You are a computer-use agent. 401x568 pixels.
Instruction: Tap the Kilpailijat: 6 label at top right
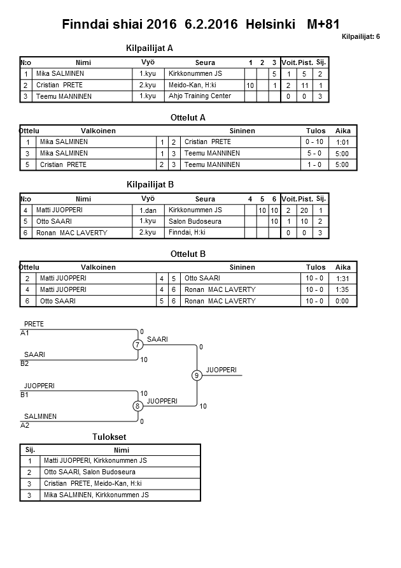click(360, 37)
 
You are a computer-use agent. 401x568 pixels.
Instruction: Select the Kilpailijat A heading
click(150, 48)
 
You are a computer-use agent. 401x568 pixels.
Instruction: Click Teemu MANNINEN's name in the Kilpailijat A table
click(64, 96)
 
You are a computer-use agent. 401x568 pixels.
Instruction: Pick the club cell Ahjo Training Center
click(199, 96)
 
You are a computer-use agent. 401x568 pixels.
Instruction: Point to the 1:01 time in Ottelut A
click(342, 142)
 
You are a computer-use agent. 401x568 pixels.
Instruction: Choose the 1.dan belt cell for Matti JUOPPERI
click(148, 210)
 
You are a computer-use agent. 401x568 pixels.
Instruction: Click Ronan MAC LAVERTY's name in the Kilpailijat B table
click(71, 233)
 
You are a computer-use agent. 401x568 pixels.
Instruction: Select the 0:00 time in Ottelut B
click(342, 301)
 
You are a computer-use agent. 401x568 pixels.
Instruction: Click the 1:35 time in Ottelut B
click(342, 289)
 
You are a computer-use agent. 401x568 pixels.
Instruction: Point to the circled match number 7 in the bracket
click(137, 345)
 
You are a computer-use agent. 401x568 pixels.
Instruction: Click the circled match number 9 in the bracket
click(197, 375)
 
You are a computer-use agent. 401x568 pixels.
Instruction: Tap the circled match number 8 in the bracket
click(137, 406)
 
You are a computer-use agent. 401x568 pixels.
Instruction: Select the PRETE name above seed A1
click(34, 324)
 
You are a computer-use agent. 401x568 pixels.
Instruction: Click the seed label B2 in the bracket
click(25, 363)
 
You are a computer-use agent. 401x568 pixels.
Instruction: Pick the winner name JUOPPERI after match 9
click(221, 370)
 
